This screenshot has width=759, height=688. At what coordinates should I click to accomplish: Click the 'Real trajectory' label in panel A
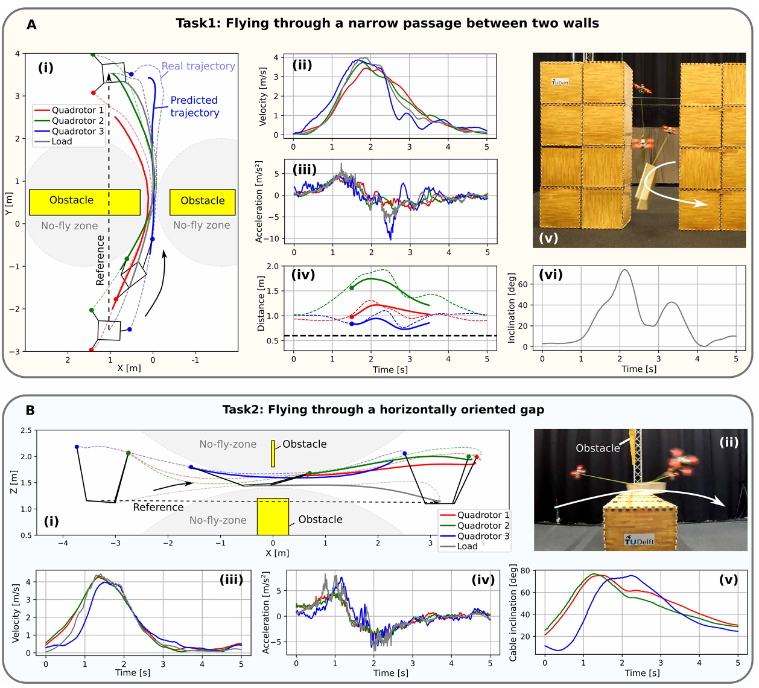(198, 66)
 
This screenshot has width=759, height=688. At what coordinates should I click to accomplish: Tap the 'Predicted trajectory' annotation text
(194, 106)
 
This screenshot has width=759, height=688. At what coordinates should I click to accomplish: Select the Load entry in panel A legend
(62, 141)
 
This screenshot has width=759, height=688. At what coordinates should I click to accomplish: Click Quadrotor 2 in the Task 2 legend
(483, 526)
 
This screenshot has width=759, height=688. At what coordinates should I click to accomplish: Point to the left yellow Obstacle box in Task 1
(84, 202)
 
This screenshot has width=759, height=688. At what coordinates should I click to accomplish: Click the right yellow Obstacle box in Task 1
(203, 202)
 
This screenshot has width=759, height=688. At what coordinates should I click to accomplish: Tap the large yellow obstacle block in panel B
(273, 517)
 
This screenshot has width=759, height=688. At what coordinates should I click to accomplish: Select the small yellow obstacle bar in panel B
(273, 454)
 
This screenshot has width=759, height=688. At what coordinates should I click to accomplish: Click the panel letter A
(31, 25)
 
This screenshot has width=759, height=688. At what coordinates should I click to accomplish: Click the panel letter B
(30, 411)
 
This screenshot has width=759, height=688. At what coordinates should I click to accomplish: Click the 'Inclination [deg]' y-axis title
(512, 308)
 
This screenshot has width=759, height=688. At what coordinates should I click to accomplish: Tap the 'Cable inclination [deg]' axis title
(513, 613)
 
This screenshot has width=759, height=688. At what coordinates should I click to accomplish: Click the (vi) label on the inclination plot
(550, 275)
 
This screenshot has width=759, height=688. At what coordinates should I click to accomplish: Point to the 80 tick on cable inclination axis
(525, 570)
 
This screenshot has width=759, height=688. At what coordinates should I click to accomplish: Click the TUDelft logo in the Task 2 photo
(640, 541)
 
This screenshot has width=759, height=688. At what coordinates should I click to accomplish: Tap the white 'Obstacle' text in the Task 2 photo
(597, 448)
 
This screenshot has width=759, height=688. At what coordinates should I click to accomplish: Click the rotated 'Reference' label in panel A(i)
(100, 260)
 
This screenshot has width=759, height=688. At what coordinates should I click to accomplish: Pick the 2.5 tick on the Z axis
(26, 430)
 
